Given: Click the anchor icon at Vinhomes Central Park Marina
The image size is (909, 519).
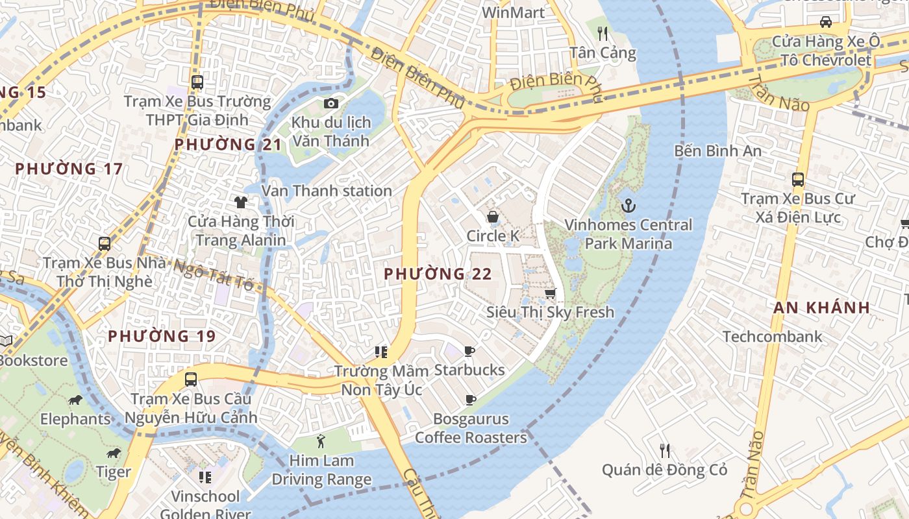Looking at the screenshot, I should point(628,206).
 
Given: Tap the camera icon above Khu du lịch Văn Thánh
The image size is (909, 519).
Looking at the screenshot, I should point(330,103).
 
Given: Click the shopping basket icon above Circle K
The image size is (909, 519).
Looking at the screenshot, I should point(493,216).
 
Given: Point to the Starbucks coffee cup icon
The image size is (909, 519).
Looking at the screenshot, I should point(469,352).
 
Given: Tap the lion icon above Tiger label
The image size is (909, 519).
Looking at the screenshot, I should point(114,453).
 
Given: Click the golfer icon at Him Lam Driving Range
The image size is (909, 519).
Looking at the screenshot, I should point(321,442).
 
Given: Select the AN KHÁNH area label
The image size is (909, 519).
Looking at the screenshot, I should point(821,308).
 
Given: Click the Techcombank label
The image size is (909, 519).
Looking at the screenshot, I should point(772,337).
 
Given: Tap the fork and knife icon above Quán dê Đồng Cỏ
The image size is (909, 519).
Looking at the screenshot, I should point(664,450).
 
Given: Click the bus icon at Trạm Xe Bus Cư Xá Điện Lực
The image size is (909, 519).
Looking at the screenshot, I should point(798,180).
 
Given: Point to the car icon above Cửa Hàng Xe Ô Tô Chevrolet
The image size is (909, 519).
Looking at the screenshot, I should point(826,22).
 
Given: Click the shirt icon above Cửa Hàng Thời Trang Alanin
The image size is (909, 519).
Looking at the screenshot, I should point(241,202).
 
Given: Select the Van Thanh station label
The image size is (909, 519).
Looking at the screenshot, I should point(327,191).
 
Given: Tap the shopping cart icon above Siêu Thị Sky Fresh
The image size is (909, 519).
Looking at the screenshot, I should point(550,293).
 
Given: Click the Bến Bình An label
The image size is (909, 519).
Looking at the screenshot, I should point(717,151).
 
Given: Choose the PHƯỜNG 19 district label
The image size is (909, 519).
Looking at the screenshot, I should point(162,336).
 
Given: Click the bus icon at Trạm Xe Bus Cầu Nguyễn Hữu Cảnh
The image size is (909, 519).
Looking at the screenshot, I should point(190,380).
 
